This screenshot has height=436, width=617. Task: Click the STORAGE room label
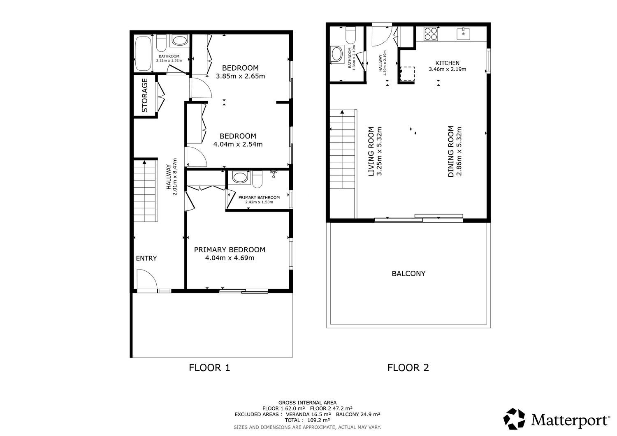145,95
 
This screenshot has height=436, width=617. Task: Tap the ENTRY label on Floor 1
146,258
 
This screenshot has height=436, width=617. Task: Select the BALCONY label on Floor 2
408,274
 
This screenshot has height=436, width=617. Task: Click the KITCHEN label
448,63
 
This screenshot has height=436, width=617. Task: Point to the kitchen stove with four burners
431,34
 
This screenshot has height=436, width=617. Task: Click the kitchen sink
463,34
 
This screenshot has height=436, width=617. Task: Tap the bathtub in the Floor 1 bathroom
143,53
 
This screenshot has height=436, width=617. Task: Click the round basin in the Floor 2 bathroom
337,54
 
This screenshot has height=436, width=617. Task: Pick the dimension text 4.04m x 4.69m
230,258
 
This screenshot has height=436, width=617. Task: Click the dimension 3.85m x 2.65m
241,76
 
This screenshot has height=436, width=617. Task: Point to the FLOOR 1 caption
209,368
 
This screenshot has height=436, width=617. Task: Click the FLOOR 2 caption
408,368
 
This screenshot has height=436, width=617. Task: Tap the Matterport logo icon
514,419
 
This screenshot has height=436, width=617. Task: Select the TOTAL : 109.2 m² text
307,420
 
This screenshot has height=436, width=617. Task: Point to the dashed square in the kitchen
407,74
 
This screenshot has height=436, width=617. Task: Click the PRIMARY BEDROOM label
230,250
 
